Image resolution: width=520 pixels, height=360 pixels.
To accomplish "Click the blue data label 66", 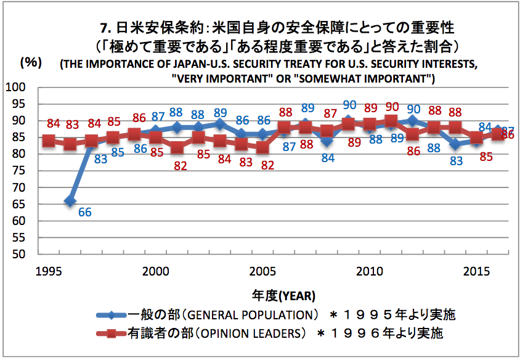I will tap(85, 212).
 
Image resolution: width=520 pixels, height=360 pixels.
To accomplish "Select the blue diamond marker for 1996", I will tap(70, 200).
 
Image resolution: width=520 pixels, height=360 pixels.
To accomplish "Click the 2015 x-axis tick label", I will tap(476, 271).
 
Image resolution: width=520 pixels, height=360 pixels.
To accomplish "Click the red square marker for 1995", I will tap(49, 141).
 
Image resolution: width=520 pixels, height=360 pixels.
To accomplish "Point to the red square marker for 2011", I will tap(391, 121).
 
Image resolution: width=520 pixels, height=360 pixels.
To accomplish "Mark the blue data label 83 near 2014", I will tap(456, 162).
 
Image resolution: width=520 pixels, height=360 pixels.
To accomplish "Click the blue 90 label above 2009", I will tap(350, 105).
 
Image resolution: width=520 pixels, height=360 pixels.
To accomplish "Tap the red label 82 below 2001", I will tap(180, 165).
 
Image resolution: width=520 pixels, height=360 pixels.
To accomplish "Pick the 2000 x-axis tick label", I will tap(156, 271).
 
